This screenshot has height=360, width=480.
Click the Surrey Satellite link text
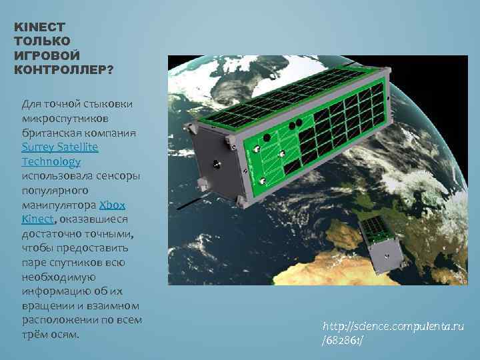[60, 147]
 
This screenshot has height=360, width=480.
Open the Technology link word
[51, 161]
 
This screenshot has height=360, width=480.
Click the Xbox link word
[112, 205]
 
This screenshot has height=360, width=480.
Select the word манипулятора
[59, 205]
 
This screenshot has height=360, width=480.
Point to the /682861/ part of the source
[343, 341]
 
